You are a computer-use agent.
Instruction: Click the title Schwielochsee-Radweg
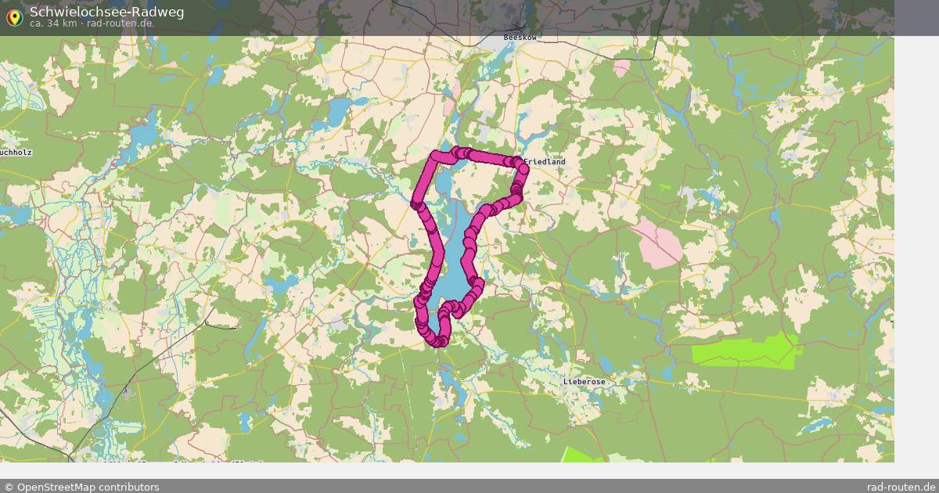pyautogui.click(x=95, y=11)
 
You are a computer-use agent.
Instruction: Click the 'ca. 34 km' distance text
pyautogui.click(x=52, y=23)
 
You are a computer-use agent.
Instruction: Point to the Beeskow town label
pyautogui.click(x=517, y=37)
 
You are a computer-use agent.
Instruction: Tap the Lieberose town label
pyautogui.click(x=584, y=382)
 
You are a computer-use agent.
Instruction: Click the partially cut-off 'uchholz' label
pyautogui.click(x=16, y=153)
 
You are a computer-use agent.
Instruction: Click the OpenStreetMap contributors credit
pyautogui.click(x=81, y=487)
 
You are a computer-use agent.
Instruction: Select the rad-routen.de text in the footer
pyautogui.click(x=901, y=487)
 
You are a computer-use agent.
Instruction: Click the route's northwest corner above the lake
pyautogui.click(x=436, y=156)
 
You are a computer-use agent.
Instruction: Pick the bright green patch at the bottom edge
pyautogui.click(x=583, y=455)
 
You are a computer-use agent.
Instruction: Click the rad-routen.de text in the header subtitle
pyautogui.click(x=120, y=23)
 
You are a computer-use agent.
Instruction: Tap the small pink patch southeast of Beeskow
pyautogui.click(x=621, y=67)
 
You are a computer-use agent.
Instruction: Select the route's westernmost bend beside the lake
pyautogui.click(x=416, y=204)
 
